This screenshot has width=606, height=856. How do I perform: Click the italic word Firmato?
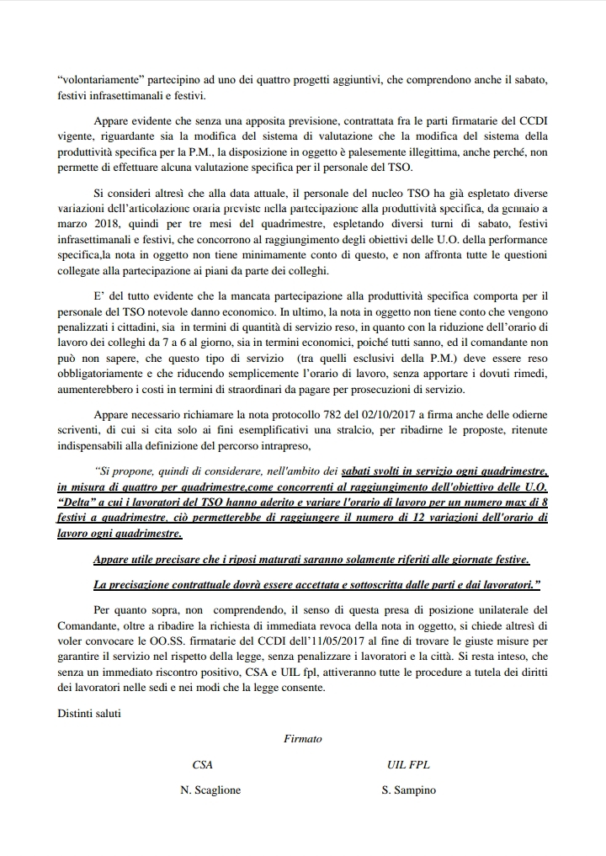pyautogui.click(x=303, y=739)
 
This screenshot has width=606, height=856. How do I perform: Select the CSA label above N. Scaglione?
pyautogui.click(x=202, y=764)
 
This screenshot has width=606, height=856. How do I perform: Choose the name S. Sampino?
pyautogui.click(x=408, y=790)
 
